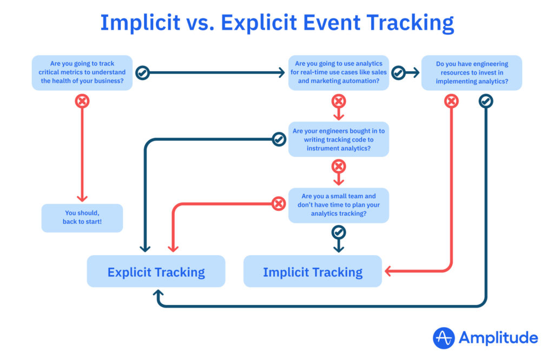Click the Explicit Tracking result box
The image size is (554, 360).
coord(156,271)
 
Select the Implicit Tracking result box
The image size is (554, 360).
coord(312,271)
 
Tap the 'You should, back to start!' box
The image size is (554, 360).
coord(82,218)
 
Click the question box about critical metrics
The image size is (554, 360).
coord(82,72)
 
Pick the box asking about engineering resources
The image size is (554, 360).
coord(472,72)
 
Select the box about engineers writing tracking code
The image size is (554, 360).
coord(339,139)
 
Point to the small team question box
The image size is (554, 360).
coord(339,205)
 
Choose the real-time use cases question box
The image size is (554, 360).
coord(339,72)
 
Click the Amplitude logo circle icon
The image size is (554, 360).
coord(444,338)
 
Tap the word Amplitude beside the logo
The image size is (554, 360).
coord(498,338)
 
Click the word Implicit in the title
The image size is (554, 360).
coord(140,23)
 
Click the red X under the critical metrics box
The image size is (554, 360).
coord(82,101)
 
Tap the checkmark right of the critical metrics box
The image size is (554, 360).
coord(142,73)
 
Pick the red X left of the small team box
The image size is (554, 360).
coord(279,203)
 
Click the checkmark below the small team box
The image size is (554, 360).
coord(339,232)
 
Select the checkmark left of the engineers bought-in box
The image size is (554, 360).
coord(279,139)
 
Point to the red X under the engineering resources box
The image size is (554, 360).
coord(451,101)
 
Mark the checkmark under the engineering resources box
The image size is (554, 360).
coord(486,101)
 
